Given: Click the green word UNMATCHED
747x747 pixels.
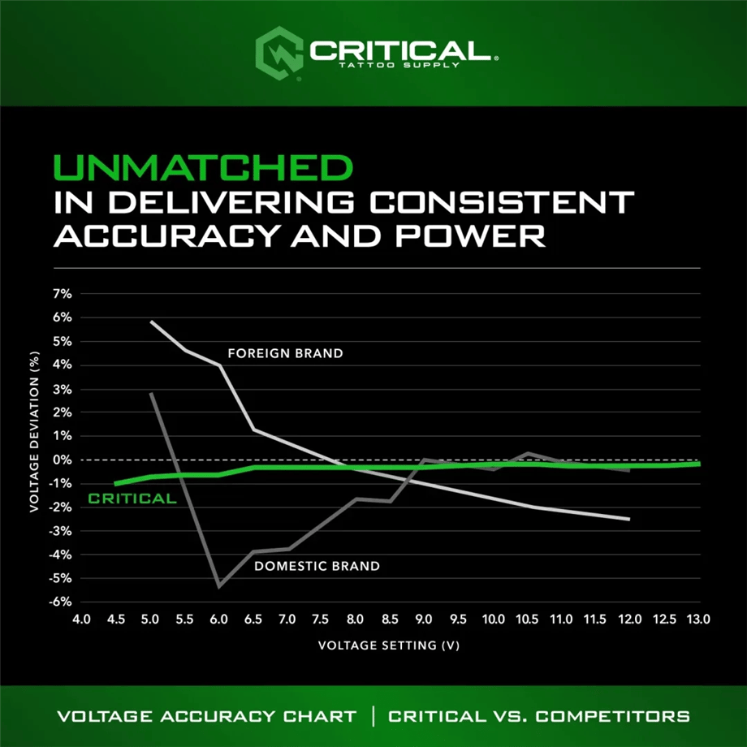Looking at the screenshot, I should pos(203,168).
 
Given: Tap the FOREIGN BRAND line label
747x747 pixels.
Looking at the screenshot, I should pos(285,353).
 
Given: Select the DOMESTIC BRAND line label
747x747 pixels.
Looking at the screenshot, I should pos(317,565).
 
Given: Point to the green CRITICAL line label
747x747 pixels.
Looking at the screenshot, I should pos(132,499).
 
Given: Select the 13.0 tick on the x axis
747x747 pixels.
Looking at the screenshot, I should pos(699,619).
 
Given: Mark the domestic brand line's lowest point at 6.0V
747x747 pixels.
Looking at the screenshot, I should pos(219,586).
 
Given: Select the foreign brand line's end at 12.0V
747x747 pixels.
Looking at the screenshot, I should pos(629,519).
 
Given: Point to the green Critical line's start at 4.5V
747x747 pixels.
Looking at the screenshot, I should pos(116,483).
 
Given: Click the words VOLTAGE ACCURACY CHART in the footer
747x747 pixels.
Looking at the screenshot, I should pos(206,716).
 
